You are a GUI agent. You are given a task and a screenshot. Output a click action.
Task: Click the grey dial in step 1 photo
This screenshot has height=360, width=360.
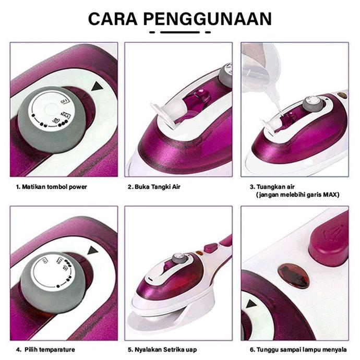pyautogui.click(x=50, y=121)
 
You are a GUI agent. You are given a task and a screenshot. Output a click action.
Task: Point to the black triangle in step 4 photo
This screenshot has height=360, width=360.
pyautogui.click(x=94, y=250)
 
